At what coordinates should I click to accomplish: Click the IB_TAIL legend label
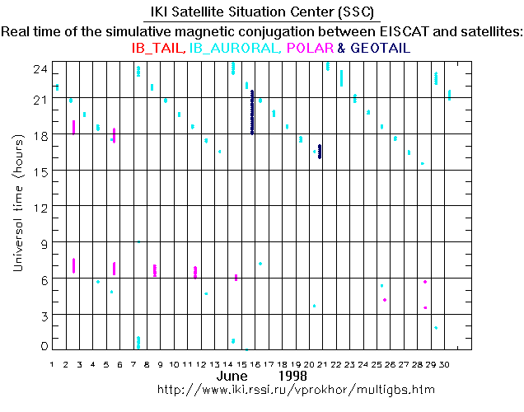click(x=159, y=49)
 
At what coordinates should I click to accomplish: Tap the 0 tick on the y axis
click(x=43, y=346)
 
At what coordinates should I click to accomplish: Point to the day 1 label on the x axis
click(x=53, y=363)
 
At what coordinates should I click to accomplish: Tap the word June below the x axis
click(x=232, y=376)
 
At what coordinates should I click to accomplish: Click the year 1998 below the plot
click(x=293, y=376)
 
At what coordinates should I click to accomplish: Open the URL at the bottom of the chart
click(x=296, y=388)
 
